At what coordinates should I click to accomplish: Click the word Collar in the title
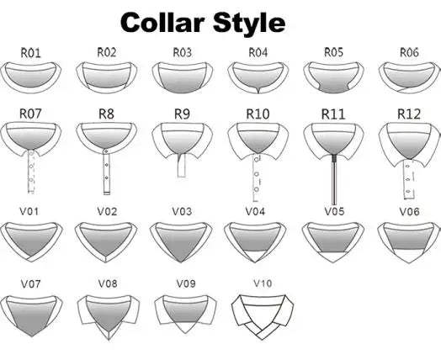click(x=162, y=23)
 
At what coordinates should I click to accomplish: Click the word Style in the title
click(x=249, y=24)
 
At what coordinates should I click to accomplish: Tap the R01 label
click(x=30, y=53)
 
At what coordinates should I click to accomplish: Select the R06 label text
click(x=409, y=52)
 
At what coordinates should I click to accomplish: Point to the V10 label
click(x=263, y=283)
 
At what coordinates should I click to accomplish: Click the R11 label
click(x=333, y=114)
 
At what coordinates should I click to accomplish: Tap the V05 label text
click(x=334, y=211)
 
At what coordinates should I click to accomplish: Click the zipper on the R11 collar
click(x=334, y=179)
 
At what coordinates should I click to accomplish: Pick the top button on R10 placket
click(x=257, y=160)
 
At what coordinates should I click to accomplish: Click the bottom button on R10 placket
click(x=256, y=189)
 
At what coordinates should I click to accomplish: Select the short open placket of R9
click(x=182, y=165)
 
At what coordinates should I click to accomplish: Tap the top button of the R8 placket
click(x=106, y=152)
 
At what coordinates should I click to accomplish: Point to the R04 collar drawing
click(x=258, y=77)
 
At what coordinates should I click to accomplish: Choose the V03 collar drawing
click(x=182, y=242)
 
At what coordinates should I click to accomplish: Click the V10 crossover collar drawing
click(x=263, y=317)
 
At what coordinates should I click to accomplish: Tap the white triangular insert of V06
click(x=409, y=256)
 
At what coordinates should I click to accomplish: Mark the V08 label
click(x=108, y=283)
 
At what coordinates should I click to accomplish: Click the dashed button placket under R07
click(x=31, y=172)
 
